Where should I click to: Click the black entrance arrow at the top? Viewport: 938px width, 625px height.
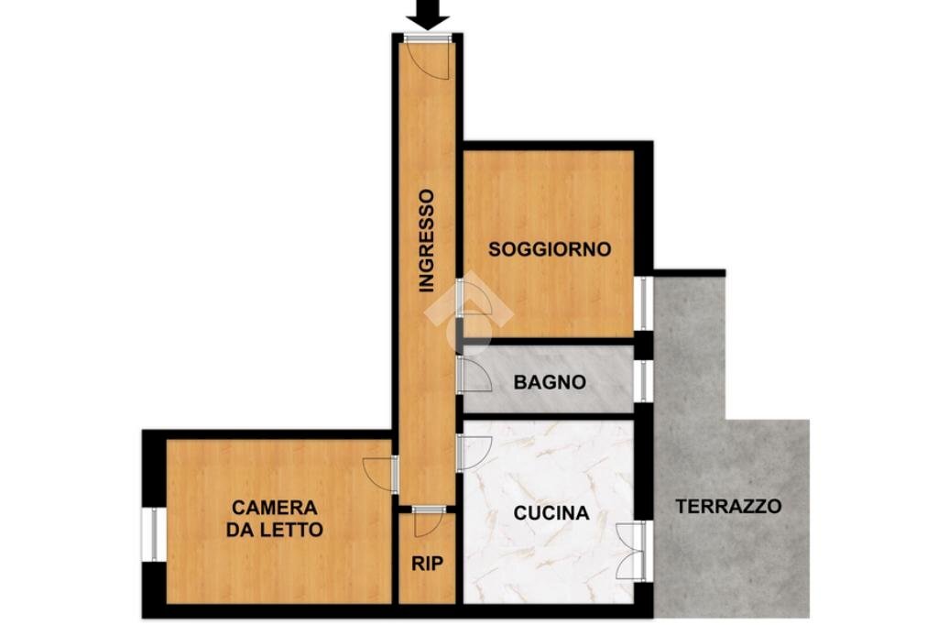pyautogui.click(x=427, y=13)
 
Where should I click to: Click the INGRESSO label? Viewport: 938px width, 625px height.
pyautogui.click(x=426, y=241)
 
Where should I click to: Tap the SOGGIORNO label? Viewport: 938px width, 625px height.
pyautogui.click(x=550, y=249)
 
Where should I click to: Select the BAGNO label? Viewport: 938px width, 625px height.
pyautogui.click(x=550, y=383)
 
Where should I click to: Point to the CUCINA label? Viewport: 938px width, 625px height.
pyautogui.click(x=551, y=513)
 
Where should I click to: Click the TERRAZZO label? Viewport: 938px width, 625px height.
pyautogui.click(x=729, y=506)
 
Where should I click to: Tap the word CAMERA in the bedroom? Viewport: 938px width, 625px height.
pyautogui.click(x=275, y=508)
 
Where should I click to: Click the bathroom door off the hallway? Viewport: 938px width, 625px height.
pyautogui.click(x=474, y=374)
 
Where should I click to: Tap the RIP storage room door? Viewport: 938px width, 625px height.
pyautogui.click(x=428, y=522)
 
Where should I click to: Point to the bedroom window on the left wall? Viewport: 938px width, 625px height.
pyautogui.click(x=153, y=533)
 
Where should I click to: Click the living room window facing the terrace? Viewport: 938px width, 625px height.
pyautogui.click(x=644, y=302)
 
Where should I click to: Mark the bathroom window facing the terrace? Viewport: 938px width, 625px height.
pyautogui.click(x=644, y=381)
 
